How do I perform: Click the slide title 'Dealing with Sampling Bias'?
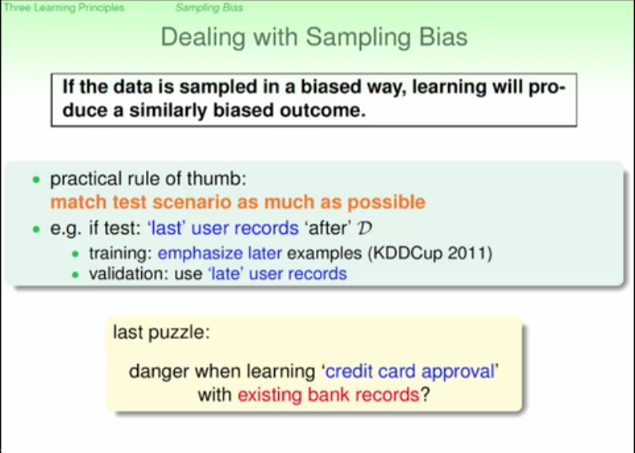(314, 37)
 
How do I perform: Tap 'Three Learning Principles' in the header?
(64, 8)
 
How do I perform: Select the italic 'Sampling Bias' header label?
(209, 8)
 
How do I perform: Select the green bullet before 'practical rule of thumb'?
(36, 180)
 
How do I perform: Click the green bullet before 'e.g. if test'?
(36, 229)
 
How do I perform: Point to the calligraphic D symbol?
(365, 228)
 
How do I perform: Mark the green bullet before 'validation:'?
(75, 275)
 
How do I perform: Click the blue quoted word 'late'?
(226, 273)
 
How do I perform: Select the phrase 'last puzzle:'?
(162, 333)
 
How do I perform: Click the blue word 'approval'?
(458, 372)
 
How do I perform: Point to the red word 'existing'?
(269, 394)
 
